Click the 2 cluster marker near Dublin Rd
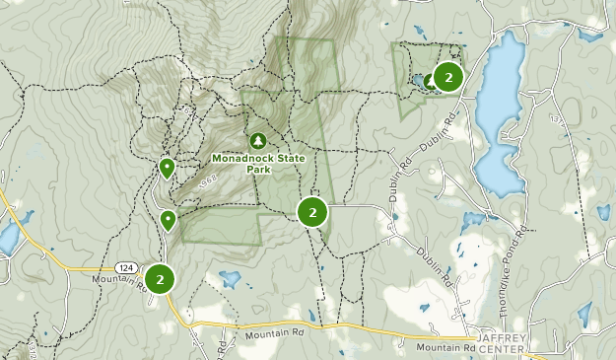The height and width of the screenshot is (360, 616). pyautogui.click(x=448, y=77)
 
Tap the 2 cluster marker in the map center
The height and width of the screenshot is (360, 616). pyautogui.click(x=312, y=211)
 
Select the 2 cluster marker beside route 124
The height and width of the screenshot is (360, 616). pyautogui.click(x=159, y=279)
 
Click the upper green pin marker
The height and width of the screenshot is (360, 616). pyautogui.click(x=168, y=169)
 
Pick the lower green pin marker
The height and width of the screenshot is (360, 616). pyautogui.click(x=169, y=219)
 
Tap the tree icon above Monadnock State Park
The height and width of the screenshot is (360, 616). pyautogui.click(x=258, y=141)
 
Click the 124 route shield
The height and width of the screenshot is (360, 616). pyautogui.click(x=124, y=267)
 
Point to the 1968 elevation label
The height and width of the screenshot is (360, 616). pyautogui.click(x=206, y=183)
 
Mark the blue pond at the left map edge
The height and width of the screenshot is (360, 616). pyautogui.click(x=8, y=237)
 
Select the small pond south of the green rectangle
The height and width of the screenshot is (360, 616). pyautogui.click(x=230, y=279)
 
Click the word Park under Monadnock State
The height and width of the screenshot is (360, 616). pyautogui.click(x=258, y=169)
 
